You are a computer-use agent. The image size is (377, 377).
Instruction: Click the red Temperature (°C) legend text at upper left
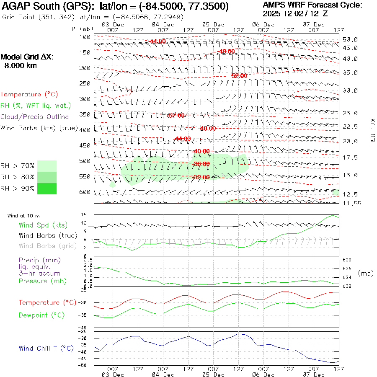[27, 95]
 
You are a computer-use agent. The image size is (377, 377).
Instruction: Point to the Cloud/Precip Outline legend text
[35, 116]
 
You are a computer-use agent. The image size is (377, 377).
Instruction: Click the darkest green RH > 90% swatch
[46, 188]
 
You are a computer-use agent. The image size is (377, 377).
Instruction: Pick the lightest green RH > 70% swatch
[46, 166]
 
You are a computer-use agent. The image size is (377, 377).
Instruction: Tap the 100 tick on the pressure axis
[85, 37]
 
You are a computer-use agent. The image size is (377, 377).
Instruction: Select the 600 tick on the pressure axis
[85, 192]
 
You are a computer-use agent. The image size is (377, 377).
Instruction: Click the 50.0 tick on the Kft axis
[350, 39]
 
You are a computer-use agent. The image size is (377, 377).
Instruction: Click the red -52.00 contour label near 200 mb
[239, 76]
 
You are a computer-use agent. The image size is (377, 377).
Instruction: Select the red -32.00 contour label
[201, 177]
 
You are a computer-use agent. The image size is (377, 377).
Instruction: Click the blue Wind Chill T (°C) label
[46, 348]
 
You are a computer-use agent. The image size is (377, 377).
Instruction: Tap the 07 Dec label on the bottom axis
[314, 374]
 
